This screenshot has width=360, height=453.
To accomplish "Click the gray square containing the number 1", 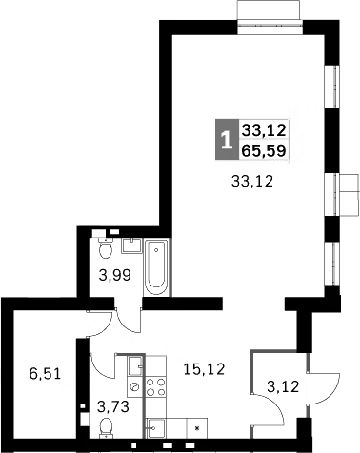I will pos(226,141).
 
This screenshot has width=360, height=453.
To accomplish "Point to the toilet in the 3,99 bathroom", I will pos(106,250).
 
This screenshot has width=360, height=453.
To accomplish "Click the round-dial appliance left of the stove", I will pos(135,386).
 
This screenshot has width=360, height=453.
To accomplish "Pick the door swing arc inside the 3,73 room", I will pos(99,366).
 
